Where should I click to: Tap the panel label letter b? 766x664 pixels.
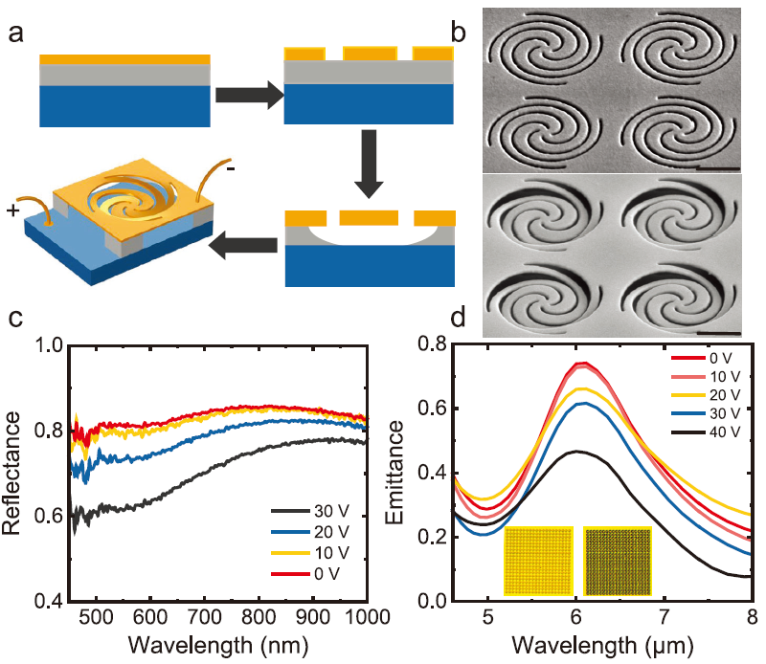tap(459, 32)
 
